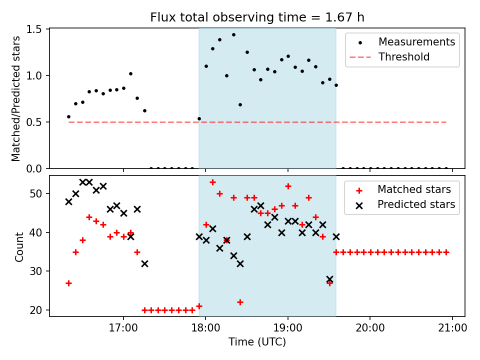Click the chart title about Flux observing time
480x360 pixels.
(257, 17)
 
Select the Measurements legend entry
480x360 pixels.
(416, 41)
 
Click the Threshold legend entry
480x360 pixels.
(404, 57)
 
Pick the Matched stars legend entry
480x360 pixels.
(414, 189)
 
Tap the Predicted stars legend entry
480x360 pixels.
(416, 204)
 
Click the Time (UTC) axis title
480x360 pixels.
(257, 342)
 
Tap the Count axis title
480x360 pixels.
(19, 246)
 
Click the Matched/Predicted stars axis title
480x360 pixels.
(16, 98)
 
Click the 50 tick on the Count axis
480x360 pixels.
(39, 193)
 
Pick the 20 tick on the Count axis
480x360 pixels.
(39, 310)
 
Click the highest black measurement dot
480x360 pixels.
(233, 34)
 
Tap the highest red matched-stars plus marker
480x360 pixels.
(212, 182)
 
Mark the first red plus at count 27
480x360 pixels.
(68, 283)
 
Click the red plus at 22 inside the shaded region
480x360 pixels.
(240, 302)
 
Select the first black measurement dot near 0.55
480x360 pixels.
(68, 116)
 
